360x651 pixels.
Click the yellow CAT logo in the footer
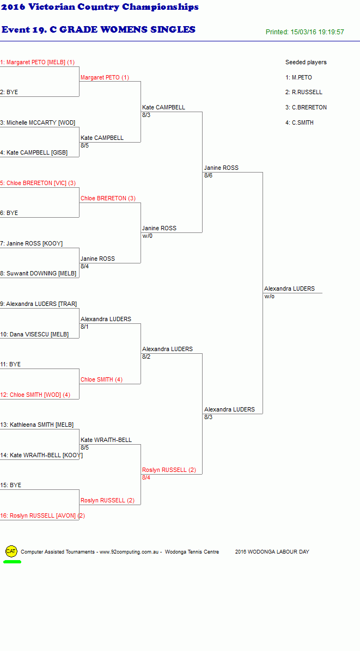click(x=11, y=551)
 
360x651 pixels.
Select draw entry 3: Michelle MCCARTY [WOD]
click(x=38, y=122)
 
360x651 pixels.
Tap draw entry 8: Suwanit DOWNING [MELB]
click(x=38, y=274)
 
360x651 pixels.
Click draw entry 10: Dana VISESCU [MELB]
click(x=34, y=334)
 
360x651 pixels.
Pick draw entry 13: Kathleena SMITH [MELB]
click(x=37, y=425)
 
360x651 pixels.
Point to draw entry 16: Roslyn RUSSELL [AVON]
click(x=42, y=515)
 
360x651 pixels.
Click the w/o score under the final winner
click(x=269, y=297)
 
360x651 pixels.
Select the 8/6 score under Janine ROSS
click(x=209, y=176)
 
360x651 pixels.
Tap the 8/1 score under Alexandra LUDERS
click(x=85, y=327)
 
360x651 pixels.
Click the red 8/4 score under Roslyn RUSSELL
click(x=146, y=477)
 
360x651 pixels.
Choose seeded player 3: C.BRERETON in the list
click(x=306, y=107)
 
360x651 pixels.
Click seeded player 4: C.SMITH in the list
click(x=300, y=122)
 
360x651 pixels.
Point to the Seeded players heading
click(x=306, y=62)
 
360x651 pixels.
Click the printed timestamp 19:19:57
click(x=331, y=32)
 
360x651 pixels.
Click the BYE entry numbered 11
click(x=10, y=365)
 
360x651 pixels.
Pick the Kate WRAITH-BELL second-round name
click(x=106, y=440)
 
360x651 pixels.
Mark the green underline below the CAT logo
click(x=12, y=562)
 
